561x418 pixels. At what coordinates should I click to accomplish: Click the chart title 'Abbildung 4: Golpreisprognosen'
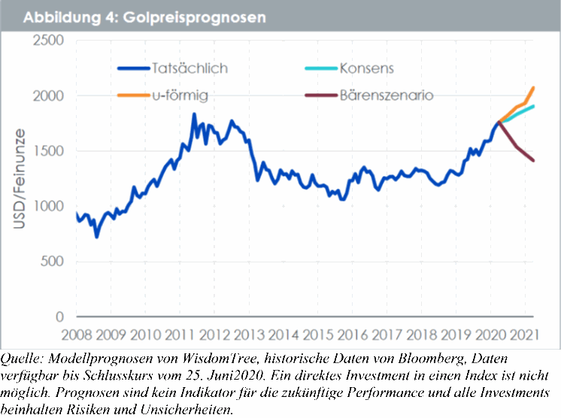click(x=144, y=16)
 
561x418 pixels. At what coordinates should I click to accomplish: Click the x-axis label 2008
click(x=76, y=334)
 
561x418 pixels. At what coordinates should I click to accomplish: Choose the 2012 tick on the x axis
click(x=215, y=334)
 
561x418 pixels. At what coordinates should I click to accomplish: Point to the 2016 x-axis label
click(x=354, y=334)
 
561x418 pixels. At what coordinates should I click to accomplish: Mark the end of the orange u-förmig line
click(x=533, y=88)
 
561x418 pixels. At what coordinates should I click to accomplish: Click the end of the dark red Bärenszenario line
click(x=533, y=160)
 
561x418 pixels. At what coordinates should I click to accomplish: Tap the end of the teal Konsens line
click(x=533, y=107)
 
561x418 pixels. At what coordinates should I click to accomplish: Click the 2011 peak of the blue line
click(x=194, y=114)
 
